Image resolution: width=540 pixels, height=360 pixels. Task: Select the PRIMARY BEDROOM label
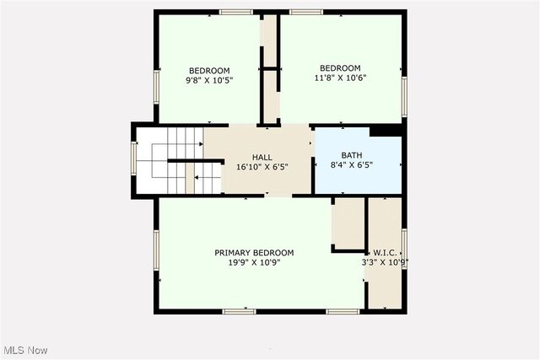pos(254,253)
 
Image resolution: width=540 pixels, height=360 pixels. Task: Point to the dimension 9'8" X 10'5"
pos(209,80)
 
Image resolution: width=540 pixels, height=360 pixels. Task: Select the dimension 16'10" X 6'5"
pos(262,167)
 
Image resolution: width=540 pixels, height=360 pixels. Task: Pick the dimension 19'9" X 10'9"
pos(254,262)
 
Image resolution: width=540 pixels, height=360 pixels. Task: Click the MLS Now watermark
pos(24,350)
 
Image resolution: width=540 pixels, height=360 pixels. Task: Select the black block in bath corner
pos(386,130)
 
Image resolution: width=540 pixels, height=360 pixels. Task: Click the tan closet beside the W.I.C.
pos(347,223)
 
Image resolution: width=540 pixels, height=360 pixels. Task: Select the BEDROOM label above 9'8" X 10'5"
pos(209,70)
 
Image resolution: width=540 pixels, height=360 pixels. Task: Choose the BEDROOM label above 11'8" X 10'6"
pos(340,68)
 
